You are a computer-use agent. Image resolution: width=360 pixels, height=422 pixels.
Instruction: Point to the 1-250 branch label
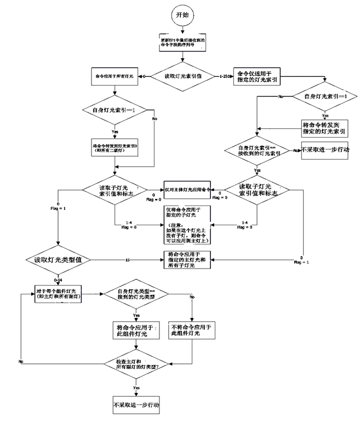tap(224, 76)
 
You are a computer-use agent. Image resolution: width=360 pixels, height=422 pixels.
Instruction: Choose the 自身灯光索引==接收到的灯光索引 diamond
tap(256, 151)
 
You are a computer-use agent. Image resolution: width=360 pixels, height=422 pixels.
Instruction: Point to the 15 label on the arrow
tap(127, 259)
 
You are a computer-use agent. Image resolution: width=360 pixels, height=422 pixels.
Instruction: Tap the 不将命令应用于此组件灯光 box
tap(193, 329)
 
